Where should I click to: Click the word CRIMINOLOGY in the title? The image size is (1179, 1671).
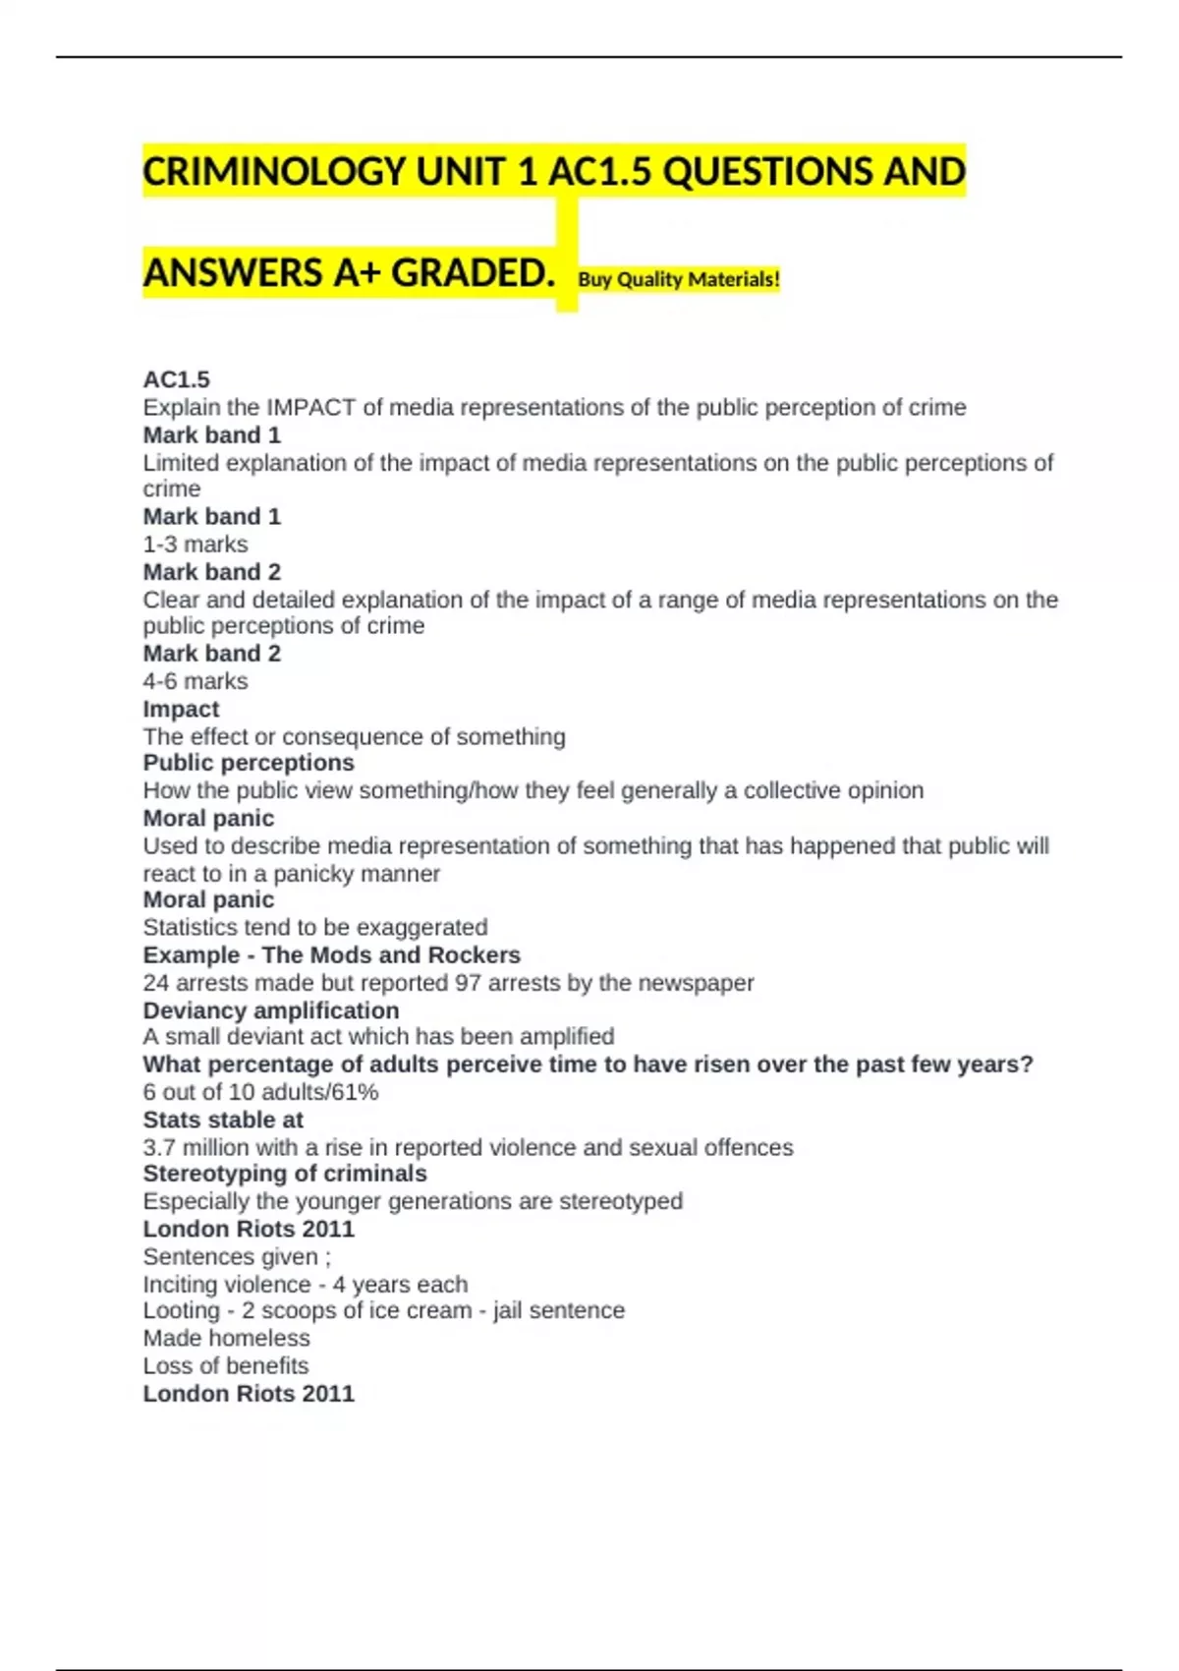(274, 172)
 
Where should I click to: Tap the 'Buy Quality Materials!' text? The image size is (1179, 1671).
(679, 279)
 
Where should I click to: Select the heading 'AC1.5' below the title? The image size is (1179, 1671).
(177, 379)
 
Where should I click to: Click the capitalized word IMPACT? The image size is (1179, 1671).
(310, 407)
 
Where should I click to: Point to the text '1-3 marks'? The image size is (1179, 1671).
(196, 544)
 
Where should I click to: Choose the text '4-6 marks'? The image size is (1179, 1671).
(196, 680)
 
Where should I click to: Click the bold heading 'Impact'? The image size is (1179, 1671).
(181, 709)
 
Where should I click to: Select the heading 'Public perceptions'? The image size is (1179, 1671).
(249, 763)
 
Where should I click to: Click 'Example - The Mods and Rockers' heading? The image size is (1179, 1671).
(332, 954)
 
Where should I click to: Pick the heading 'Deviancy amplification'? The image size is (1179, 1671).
(271, 1010)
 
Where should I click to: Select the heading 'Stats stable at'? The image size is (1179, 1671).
(223, 1120)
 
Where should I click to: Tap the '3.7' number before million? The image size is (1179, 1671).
(159, 1147)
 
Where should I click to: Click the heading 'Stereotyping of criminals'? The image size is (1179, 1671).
(285, 1174)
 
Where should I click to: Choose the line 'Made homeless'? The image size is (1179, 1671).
(226, 1338)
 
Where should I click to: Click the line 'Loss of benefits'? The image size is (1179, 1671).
(226, 1365)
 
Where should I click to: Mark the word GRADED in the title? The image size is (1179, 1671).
(473, 273)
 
